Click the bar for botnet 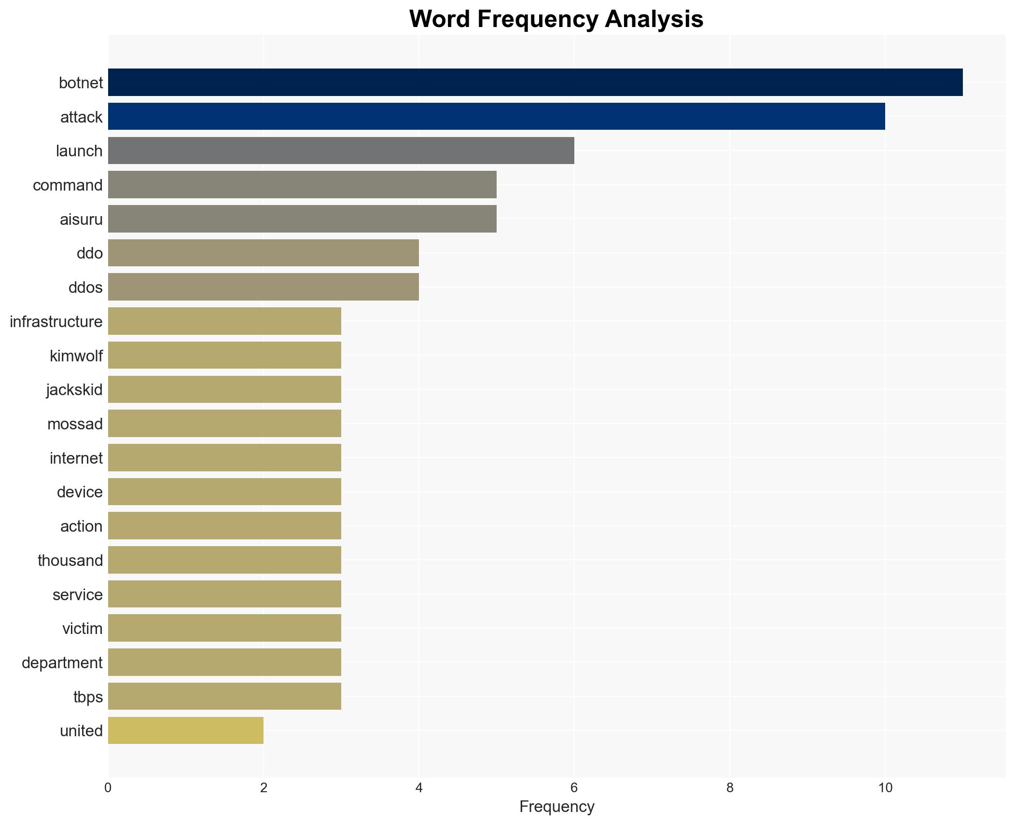click(x=535, y=82)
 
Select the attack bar click(x=496, y=117)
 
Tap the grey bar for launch click(x=341, y=151)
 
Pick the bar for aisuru click(x=302, y=219)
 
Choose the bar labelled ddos click(x=263, y=287)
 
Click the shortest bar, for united click(x=186, y=730)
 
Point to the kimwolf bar click(x=224, y=356)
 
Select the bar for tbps click(x=224, y=696)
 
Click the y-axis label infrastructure click(x=56, y=322)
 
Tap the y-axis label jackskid click(x=74, y=390)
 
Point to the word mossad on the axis click(x=75, y=424)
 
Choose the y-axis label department click(x=62, y=663)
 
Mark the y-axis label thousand click(x=70, y=561)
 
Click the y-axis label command click(x=68, y=185)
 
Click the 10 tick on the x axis click(x=885, y=788)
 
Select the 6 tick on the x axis click(x=574, y=788)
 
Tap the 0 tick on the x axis click(x=108, y=788)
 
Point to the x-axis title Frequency click(x=556, y=807)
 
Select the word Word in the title click(x=440, y=19)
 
